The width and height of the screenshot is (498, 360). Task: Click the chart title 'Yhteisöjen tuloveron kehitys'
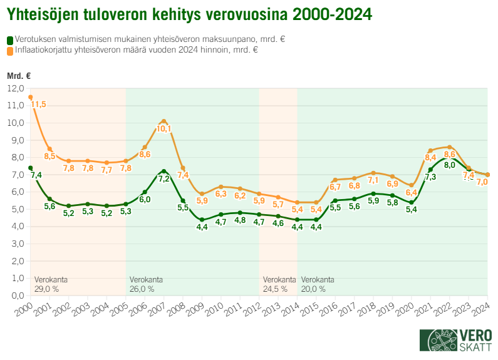188,13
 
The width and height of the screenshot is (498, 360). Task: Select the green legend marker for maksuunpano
10,39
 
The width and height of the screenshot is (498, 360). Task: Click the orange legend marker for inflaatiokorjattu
10,50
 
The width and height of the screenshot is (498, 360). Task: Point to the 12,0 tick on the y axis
16,89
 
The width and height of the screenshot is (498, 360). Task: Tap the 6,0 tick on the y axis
16,192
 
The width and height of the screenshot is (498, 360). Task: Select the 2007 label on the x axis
157,309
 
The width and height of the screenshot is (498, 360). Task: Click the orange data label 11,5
39,105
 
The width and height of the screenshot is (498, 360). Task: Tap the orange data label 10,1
163,129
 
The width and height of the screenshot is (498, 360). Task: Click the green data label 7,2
163,179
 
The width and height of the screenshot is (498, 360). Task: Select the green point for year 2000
30,168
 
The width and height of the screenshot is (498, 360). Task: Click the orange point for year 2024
487,175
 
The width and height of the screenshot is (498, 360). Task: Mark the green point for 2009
202,220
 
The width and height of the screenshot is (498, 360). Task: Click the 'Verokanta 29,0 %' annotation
51,284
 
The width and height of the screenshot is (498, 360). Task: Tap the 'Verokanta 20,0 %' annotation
318,284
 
